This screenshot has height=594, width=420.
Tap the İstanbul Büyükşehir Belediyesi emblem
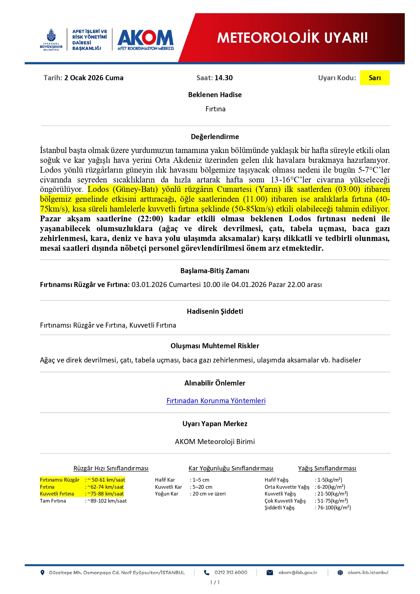tap(51, 39)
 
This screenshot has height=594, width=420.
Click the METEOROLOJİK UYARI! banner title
tap(292, 38)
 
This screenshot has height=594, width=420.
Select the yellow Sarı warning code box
tap(374, 78)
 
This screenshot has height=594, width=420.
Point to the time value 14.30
tap(224, 78)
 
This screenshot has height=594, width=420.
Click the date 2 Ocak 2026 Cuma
tap(94, 78)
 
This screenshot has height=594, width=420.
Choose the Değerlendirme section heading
tap(215, 137)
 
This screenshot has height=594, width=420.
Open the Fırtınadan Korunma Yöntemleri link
tap(216, 401)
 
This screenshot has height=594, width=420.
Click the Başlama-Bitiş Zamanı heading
tap(215, 271)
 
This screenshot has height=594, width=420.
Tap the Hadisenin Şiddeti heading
tap(215, 311)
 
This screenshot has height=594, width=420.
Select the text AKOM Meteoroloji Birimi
tap(215, 442)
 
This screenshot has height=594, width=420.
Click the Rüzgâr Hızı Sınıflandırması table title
tap(111, 468)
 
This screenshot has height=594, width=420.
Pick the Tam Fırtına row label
tap(53, 501)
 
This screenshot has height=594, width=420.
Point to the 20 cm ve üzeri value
tap(209, 494)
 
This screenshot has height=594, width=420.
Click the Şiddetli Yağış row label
tap(280, 508)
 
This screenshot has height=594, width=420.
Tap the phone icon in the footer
tap(206, 573)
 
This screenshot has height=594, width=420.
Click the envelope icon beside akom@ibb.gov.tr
tap(270, 573)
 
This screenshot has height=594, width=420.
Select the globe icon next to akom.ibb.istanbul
tap(340, 573)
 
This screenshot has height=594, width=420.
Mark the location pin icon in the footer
tap(42, 573)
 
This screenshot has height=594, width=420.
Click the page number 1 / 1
tap(215, 582)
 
